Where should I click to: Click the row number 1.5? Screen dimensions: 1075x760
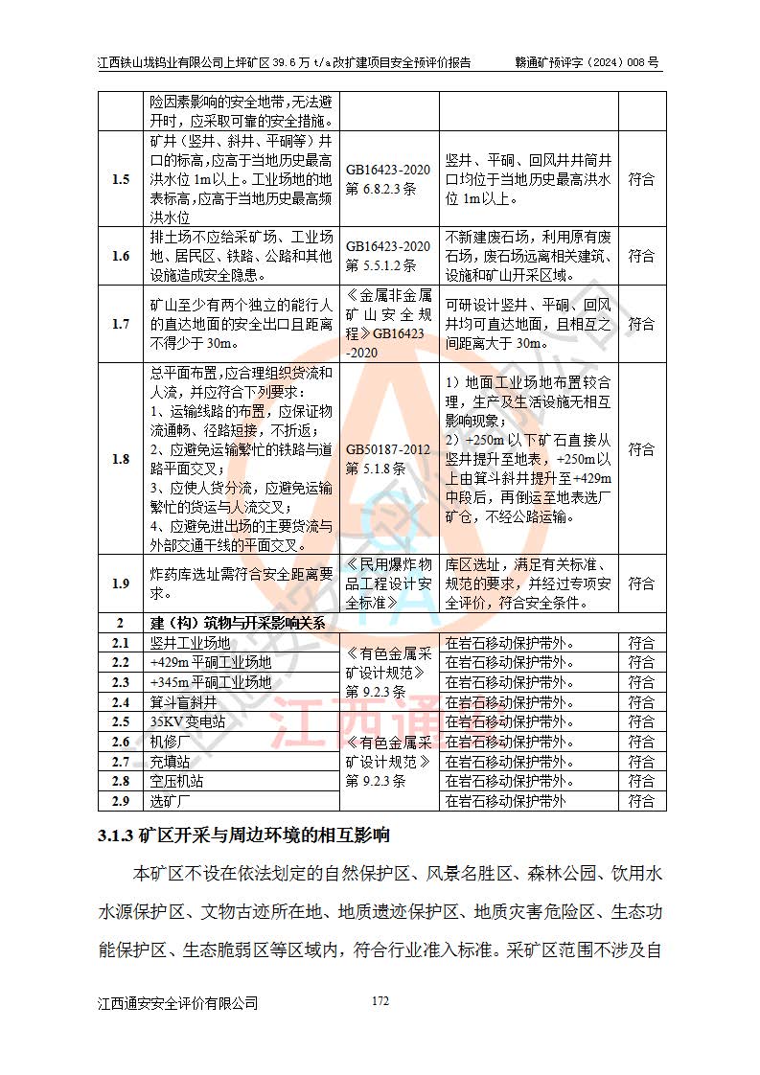click(121, 179)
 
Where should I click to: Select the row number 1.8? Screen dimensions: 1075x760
click(121, 459)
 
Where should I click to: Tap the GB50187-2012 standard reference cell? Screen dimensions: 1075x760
click(388, 459)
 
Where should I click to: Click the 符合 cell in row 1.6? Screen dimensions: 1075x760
click(641, 256)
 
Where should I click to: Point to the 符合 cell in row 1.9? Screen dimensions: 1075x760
click(641, 583)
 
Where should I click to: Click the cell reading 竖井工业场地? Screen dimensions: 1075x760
click(191, 643)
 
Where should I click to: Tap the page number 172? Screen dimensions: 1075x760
click(380, 1001)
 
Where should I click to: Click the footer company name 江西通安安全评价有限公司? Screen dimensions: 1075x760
click(178, 1003)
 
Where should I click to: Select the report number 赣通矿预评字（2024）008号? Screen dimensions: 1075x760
click(587, 63)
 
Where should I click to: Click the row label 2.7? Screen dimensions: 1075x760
click(121, 762)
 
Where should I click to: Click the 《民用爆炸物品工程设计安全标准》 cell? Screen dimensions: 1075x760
click(388, 583)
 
